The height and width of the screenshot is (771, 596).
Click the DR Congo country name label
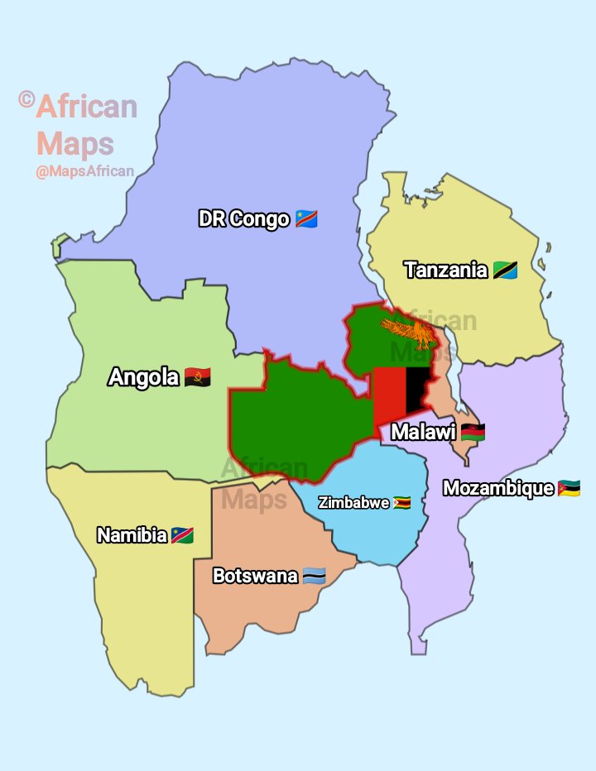pos(244,219)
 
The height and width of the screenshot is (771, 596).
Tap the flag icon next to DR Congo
pos(306,219)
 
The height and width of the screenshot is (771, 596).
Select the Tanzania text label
pos(445,270)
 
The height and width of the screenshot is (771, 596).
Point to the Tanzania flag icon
pos(505,270)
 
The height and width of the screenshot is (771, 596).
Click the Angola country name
pos(144,377)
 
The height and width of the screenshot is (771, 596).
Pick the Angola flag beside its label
pos(198,378)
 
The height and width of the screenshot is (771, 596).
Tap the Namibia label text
pos(132,535)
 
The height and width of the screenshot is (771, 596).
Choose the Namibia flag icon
pos(182,535)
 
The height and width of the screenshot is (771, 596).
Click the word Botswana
pos(255,576)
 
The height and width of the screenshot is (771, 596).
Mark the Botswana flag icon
pos(314,576)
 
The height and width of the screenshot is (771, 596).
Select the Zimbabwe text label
pos(353,503)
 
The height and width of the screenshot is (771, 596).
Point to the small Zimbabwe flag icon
pos(402,503)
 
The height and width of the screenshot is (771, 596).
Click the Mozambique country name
pos(497,488)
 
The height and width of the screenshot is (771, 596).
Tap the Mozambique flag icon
pos(569,488)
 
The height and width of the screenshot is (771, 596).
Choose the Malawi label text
pos(423,432)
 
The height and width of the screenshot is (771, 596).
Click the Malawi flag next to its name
pos(473,432)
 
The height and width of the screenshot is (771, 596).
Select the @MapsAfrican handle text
pos(84,172)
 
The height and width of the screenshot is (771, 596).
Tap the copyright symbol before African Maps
pos(26,100)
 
